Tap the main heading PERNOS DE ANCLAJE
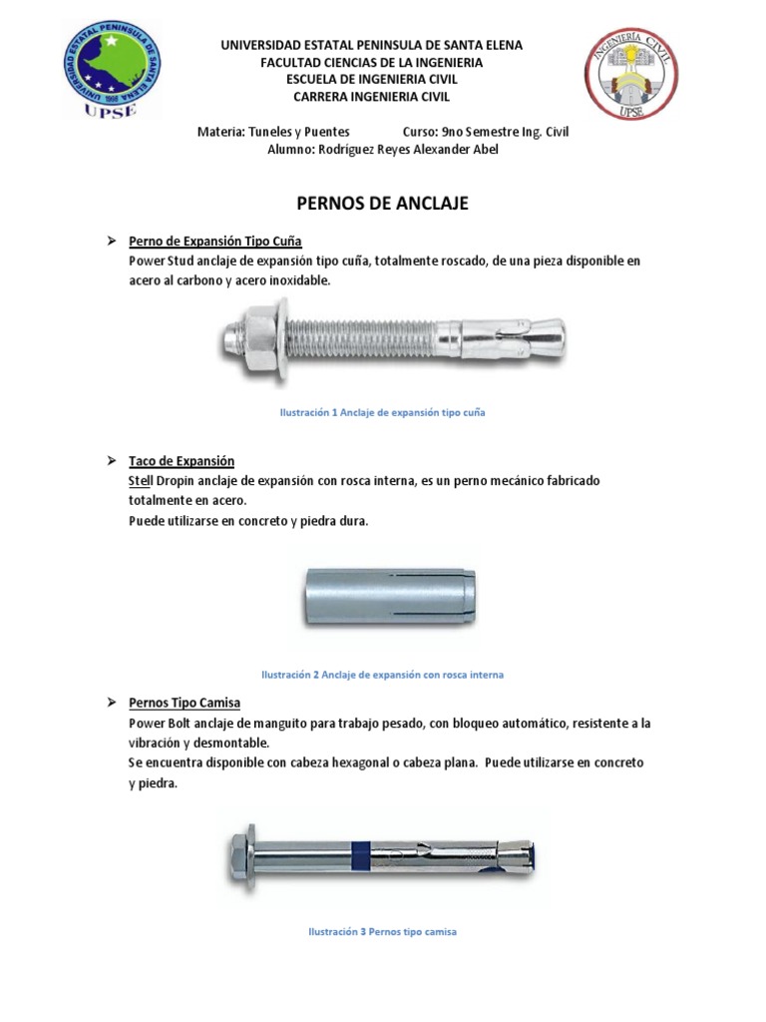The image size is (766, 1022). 383,204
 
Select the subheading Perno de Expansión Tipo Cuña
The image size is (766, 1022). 214,242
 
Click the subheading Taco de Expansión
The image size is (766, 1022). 181,461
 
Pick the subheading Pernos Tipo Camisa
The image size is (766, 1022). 184,703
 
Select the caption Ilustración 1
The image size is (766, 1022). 383,412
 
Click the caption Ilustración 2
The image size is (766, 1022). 383,675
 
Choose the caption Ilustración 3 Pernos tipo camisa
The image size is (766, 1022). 383,931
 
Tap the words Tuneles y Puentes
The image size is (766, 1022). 297,132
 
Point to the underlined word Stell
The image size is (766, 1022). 140,480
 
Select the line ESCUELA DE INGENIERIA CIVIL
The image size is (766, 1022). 371,79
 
